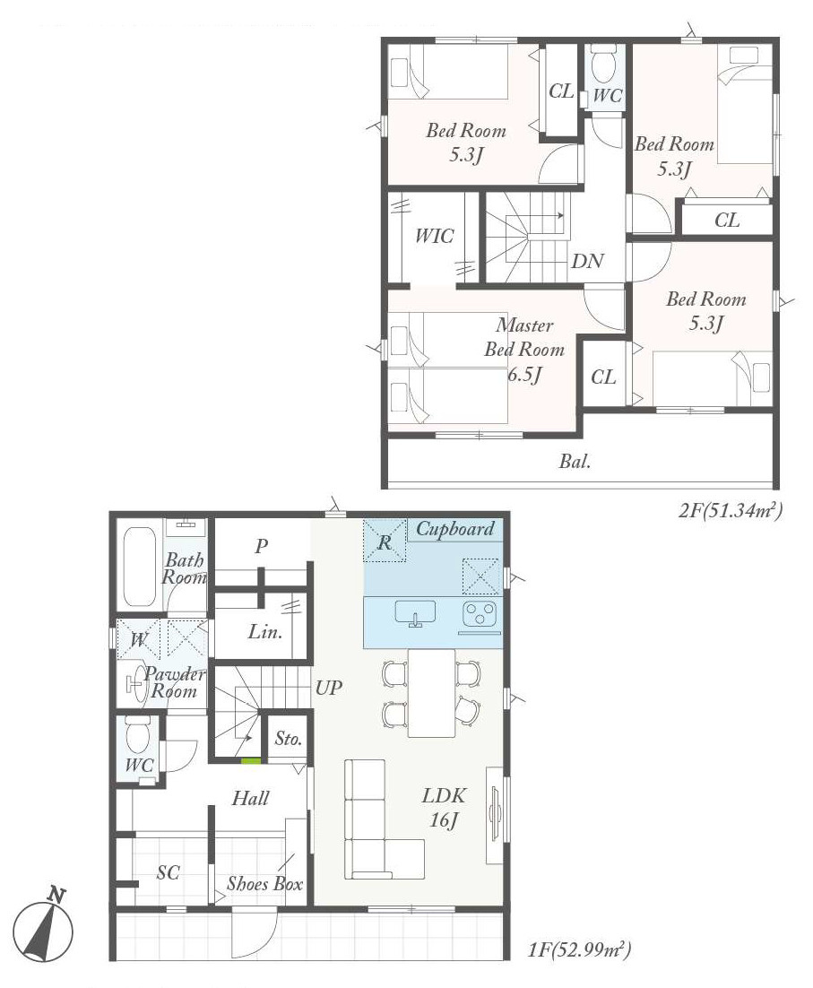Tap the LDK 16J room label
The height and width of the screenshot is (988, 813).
point(443,806)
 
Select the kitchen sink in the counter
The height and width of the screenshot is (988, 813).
point(415,614)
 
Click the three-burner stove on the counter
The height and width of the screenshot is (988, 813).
point(480,615)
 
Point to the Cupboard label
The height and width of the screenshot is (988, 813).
point(454,529)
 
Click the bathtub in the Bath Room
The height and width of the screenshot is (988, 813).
point(139,566)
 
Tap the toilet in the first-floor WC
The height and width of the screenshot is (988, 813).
point(137,739)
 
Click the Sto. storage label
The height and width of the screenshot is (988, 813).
point(289,741)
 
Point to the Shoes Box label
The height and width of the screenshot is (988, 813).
point(264,883)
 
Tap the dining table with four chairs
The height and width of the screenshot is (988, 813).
point(431,691)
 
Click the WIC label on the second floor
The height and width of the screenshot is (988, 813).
point(434,237)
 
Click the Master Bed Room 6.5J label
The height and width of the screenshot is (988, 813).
point(525,350)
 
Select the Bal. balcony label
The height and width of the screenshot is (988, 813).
point(574,463)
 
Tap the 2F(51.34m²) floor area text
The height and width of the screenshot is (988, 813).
point(731,511)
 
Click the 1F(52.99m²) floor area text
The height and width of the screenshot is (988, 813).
point(581,949)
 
